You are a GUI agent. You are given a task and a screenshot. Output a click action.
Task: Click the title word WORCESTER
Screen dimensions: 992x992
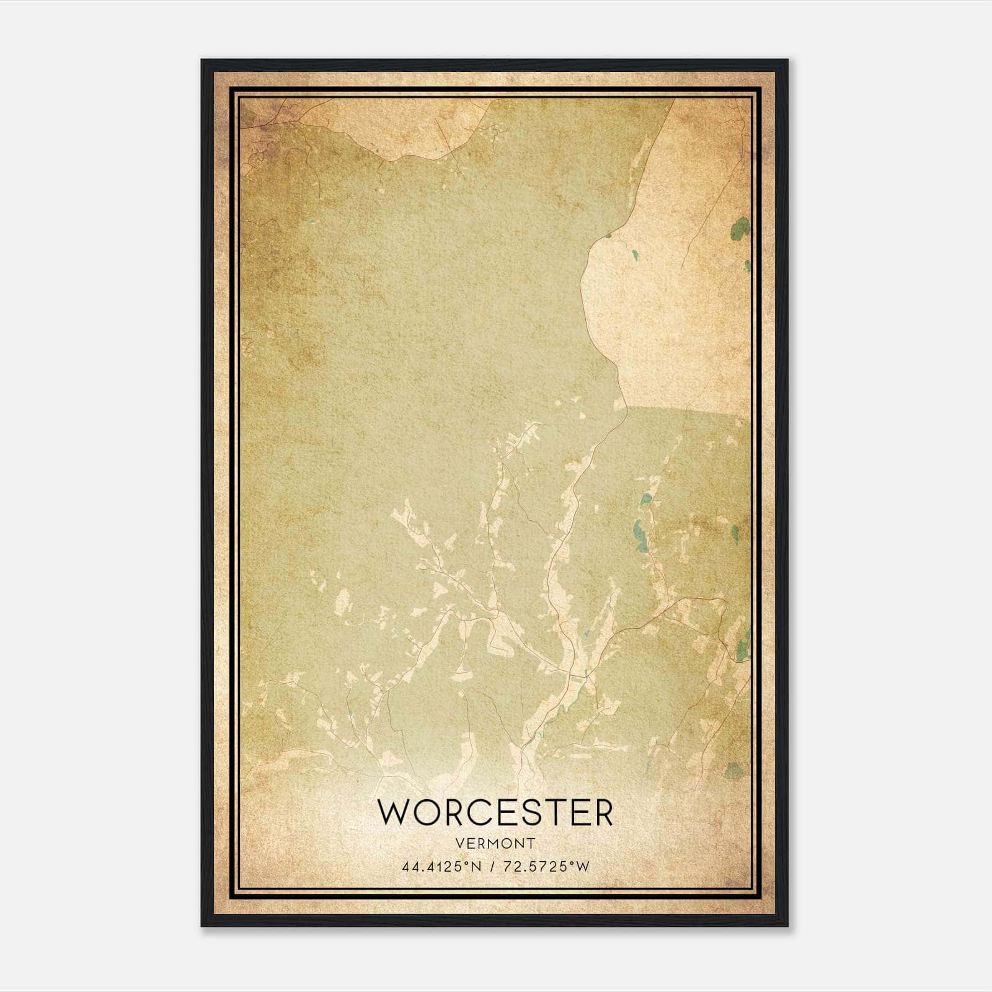[x=495, y=812]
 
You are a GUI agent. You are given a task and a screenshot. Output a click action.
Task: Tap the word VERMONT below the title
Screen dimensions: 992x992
[x=495, y=844]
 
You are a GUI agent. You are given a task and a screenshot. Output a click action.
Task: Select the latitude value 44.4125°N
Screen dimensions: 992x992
[x=441, y=867]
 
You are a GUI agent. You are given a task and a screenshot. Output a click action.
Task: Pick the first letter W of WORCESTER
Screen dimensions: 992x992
[x=393, y=812]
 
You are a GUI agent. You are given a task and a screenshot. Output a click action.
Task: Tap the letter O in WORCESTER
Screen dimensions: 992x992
[x=425, y=812]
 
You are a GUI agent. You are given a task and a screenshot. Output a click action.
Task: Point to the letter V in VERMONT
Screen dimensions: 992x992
[x=459, y=844]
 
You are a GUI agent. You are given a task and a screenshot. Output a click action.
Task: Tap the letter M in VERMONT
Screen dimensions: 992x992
[x=494, y=844]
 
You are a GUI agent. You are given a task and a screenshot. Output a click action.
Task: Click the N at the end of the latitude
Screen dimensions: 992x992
[x=477, y=867]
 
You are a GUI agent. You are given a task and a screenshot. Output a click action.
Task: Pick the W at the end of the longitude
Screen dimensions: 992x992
[x=582, y=867]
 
